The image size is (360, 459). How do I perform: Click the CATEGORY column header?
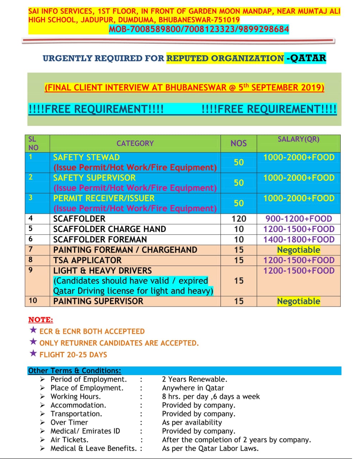point(135,143)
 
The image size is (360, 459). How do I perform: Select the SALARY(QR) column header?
point(298,139)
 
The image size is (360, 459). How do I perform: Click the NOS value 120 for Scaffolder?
point(239,219)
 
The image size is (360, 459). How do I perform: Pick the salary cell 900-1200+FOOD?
point(298,219)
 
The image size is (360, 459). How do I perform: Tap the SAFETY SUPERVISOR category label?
point(94,178)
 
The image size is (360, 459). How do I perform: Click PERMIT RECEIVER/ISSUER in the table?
point(104,198)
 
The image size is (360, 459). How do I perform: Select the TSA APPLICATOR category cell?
point(87,260)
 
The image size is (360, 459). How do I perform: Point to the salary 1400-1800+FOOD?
point(298,240)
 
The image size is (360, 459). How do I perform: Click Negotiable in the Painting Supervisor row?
point(298,302)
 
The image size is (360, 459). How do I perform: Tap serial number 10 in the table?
point(33,301)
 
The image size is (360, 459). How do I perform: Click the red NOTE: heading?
point(41,320)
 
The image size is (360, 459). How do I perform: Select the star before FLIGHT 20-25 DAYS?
point(33,354)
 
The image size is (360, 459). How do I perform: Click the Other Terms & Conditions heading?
point(75,371)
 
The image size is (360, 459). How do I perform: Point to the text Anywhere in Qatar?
point(193,388)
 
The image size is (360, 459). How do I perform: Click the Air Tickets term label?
point(69,440)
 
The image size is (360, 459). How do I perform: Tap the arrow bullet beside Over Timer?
point(43,422)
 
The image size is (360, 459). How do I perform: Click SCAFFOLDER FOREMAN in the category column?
point(100,240)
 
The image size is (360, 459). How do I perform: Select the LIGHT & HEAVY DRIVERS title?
point(102,271)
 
